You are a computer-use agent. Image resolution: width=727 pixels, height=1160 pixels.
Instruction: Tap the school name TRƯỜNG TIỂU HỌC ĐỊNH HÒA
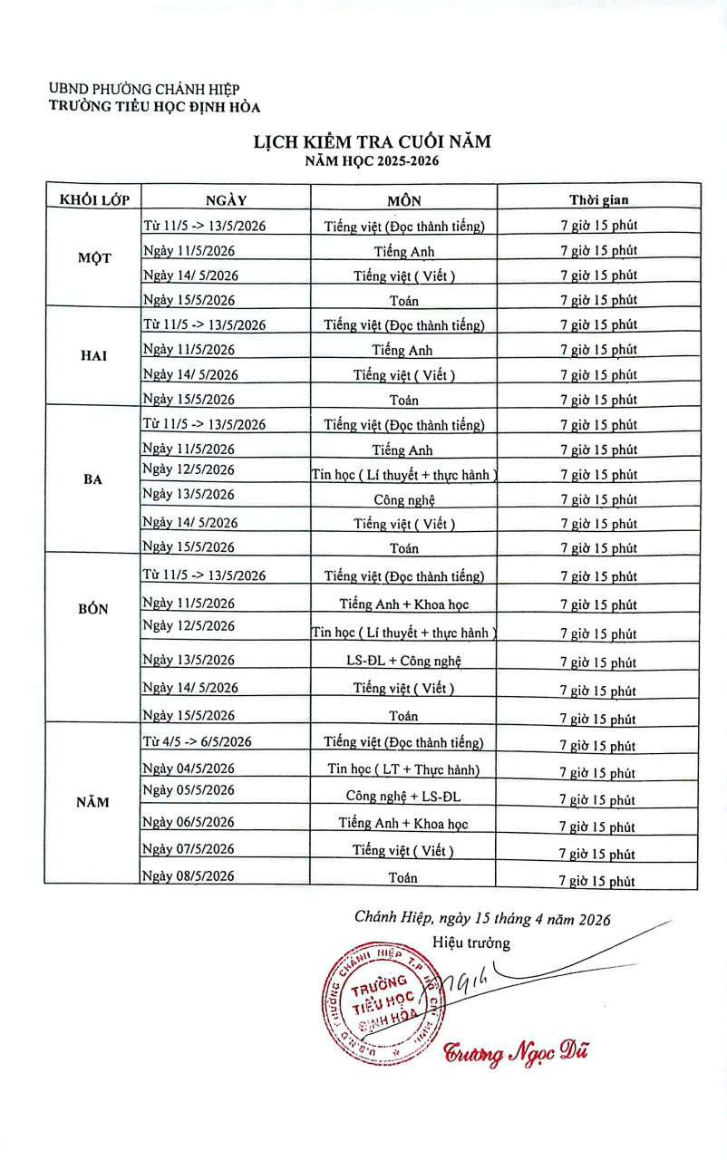click(155, 107)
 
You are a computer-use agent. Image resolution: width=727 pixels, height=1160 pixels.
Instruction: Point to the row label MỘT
click(94, 257)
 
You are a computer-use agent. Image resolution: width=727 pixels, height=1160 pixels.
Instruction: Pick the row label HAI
click(94, 355)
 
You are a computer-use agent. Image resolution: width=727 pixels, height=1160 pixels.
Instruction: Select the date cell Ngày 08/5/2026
click(189, 875)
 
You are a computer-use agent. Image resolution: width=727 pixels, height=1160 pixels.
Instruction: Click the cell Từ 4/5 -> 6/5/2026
click(197, 741)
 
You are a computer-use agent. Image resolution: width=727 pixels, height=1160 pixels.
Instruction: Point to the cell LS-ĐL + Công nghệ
click(403, 660)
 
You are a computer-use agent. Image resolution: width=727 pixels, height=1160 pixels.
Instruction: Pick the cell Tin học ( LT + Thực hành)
click(403, 769)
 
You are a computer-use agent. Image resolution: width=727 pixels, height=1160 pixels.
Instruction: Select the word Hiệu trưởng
click(471, 942)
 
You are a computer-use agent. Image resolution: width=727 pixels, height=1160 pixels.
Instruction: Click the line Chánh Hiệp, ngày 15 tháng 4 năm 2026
click(482, 918)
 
